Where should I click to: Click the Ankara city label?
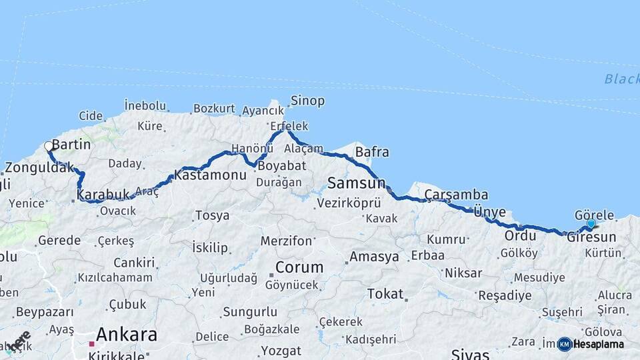tap(127, 334)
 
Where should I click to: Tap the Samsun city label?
tap(357, 183)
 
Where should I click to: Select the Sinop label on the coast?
tap(307, 101)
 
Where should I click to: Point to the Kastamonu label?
tap(210, 176)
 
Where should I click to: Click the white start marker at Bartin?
tap(48, 146)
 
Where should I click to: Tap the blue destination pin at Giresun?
tap(591, 225)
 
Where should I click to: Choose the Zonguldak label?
tap(39, 167)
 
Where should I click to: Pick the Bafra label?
tap(372, 152)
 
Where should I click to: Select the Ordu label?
tap(520, 235)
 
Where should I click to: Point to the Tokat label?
tap(385, 293)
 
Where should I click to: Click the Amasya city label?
tap(374, 257)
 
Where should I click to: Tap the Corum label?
tap(299, 267)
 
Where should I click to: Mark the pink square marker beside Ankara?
tap(92, 344)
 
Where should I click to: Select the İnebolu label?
tap(145, 105)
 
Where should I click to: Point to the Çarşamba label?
tap(456, 195)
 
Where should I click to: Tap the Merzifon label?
tap(286, 241)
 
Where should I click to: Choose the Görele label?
tap(593, 215)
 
